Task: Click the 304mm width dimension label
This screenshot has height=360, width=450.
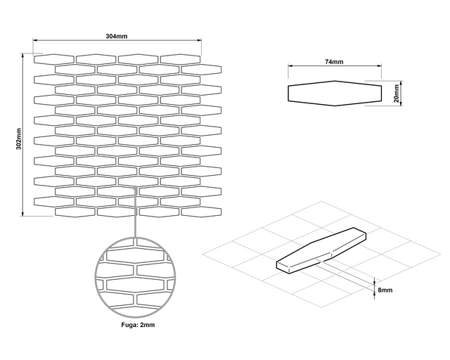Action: (x=116, y=36)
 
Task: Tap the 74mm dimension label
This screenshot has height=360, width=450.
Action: (x=334, y=63)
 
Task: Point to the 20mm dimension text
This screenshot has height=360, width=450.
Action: (x=397, y=94)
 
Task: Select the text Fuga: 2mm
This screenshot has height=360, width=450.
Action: (x=133, y=325)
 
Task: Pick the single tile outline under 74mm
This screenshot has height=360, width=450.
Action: (x=334, y=94)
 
